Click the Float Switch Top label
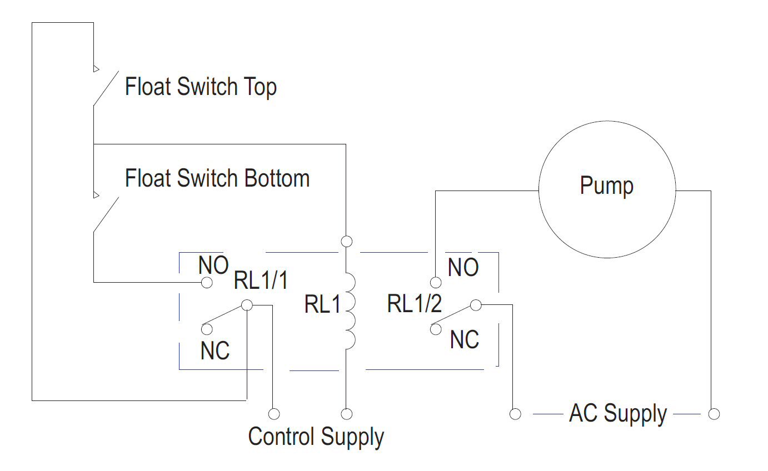[x=201, y=87]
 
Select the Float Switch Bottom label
[x=217, y=178]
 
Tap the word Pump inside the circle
[x=606, y=186]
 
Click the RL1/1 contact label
[x=261, y=281]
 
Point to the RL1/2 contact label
[x=415, y=304]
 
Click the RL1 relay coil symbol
[x=349, y=312]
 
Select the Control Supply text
[x=316, y=437]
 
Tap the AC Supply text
[x=617, y=414]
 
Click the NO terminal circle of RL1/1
[x=207, y=283]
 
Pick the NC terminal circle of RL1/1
[x=207, y=329]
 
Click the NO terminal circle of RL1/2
[x=436, y=283]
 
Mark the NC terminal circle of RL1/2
[x=436, y=329]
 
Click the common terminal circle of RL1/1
[x=247, y=305]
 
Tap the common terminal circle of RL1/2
[x=475, y=305]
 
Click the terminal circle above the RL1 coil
[x=346, y=241]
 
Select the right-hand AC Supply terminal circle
[x=714, y=414]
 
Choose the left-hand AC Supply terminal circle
[x=515, y=414]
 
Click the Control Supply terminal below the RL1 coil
[x=346, y=414]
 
